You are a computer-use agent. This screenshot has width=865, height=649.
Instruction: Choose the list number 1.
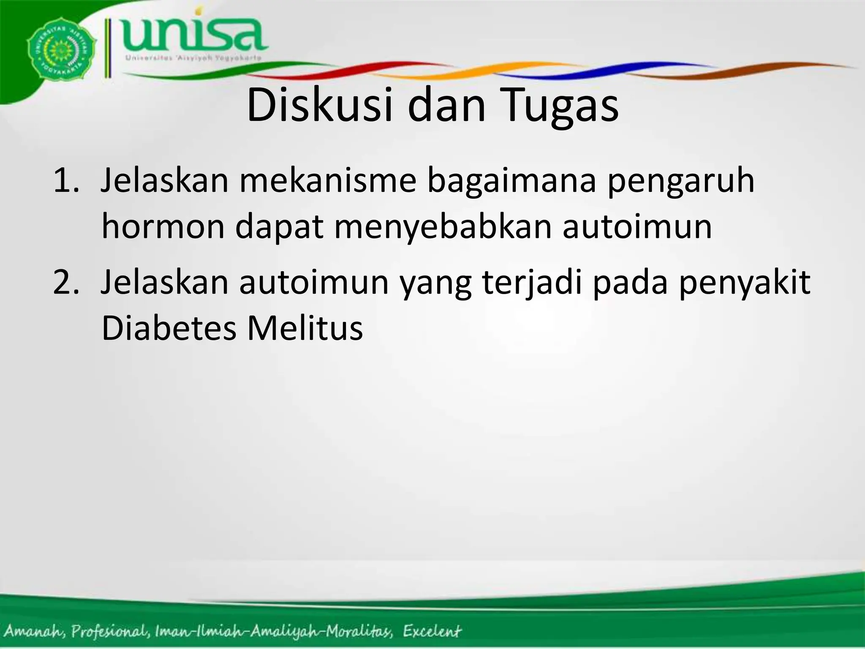[66, 180]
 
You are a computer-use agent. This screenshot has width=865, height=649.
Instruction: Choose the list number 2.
[66, 282]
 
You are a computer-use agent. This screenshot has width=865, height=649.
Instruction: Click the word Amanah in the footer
[35, 631]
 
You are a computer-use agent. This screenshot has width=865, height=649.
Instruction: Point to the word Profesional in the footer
[110, 632]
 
